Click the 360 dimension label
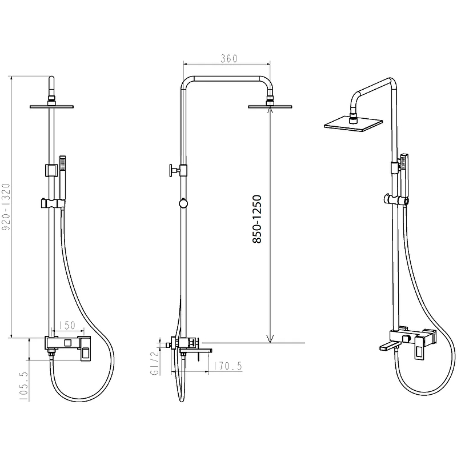pyautogui.click(x=229, y=59)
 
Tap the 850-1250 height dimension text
pyautogui.click(x=257, y=219)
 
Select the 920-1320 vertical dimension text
pyautogui.click(x=6, y=207)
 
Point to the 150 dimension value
pyautogui.click(x=67, y=325)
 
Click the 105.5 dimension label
pyautogui.click(x=24, y=386)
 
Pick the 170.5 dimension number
pyautogui.click(x=227, y=366)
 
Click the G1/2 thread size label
pyautogui.click(x=154, y=363)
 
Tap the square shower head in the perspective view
pyautogui.click(x=353, y=125)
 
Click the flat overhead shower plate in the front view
pyautogui.click(x=51, y=107)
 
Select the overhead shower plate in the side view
pyautogui.click(x=270, y=107)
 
